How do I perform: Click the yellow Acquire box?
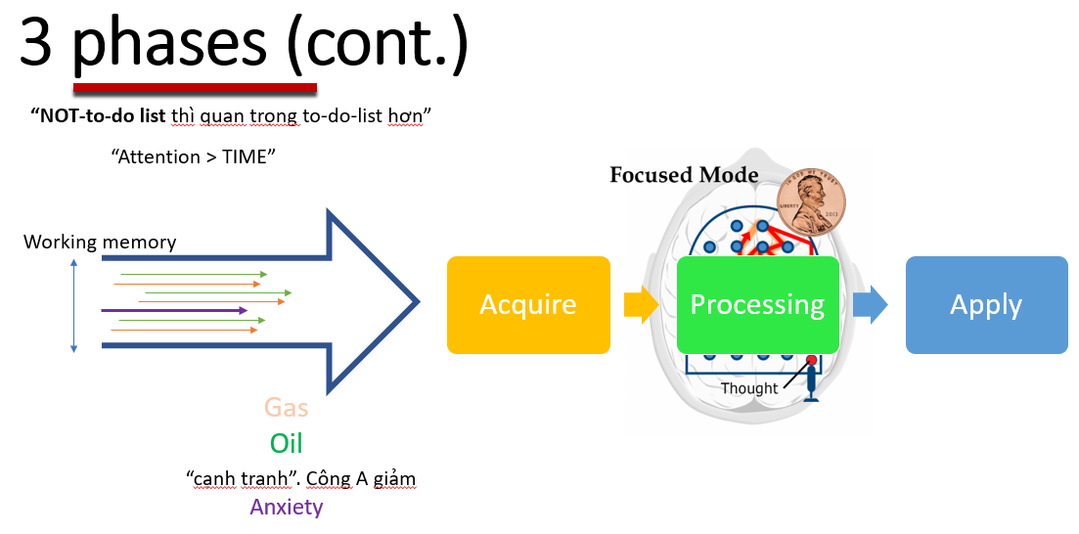tap(528, 304)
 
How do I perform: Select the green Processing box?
tap(757, 304)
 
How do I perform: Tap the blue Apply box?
tap(986, 304)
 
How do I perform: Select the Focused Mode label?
tap(684, 175)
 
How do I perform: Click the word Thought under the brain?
tap(749, 388)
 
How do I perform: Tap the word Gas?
tap(286, 407)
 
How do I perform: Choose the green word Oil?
tap(286, 443)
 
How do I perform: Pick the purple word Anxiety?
tap(286, 507)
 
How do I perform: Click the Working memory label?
tap(100, 242)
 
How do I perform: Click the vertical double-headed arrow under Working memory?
tap(74, 303)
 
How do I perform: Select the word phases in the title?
tap(169, 44)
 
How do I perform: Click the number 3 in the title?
tap(35, 44)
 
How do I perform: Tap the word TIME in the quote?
tap(243, 156)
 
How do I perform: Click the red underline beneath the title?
tap(194, 87)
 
